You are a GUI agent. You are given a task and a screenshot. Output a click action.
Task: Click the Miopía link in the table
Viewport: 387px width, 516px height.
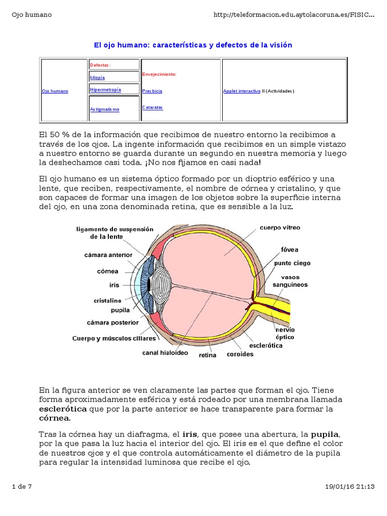pos(97,78)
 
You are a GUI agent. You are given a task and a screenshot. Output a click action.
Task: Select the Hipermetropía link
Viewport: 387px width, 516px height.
pos(105,90)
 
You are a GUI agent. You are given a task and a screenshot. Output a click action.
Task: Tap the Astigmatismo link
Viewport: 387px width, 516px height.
pos(104,109)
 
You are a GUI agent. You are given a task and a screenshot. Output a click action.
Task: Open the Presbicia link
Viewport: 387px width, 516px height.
pos(152,91)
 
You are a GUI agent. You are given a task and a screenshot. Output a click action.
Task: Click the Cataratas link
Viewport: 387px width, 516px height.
pos(152,107)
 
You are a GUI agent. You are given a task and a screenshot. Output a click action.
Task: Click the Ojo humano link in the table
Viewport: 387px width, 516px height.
pos(54,91)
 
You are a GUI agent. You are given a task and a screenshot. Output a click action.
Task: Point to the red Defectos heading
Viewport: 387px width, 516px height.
pos(100,66)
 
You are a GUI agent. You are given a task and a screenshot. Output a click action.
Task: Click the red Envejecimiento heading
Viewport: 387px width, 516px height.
pos(159,74)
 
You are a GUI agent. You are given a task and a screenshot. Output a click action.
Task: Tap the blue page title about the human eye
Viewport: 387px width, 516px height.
pos(193,45)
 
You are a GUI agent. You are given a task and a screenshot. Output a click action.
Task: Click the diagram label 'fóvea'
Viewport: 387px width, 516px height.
pos(290,249)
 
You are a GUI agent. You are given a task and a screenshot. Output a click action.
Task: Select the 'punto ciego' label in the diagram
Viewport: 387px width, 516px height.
pos(292,263)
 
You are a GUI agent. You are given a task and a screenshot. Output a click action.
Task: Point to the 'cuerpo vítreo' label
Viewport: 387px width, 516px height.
pos(280,228)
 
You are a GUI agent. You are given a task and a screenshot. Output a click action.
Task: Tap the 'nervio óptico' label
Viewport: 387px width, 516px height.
pos(285,333)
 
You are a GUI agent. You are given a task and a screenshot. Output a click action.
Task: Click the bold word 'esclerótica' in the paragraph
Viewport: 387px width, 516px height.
pos(62,409)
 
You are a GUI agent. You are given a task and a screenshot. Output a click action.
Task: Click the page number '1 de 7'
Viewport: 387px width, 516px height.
pos(22,487)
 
